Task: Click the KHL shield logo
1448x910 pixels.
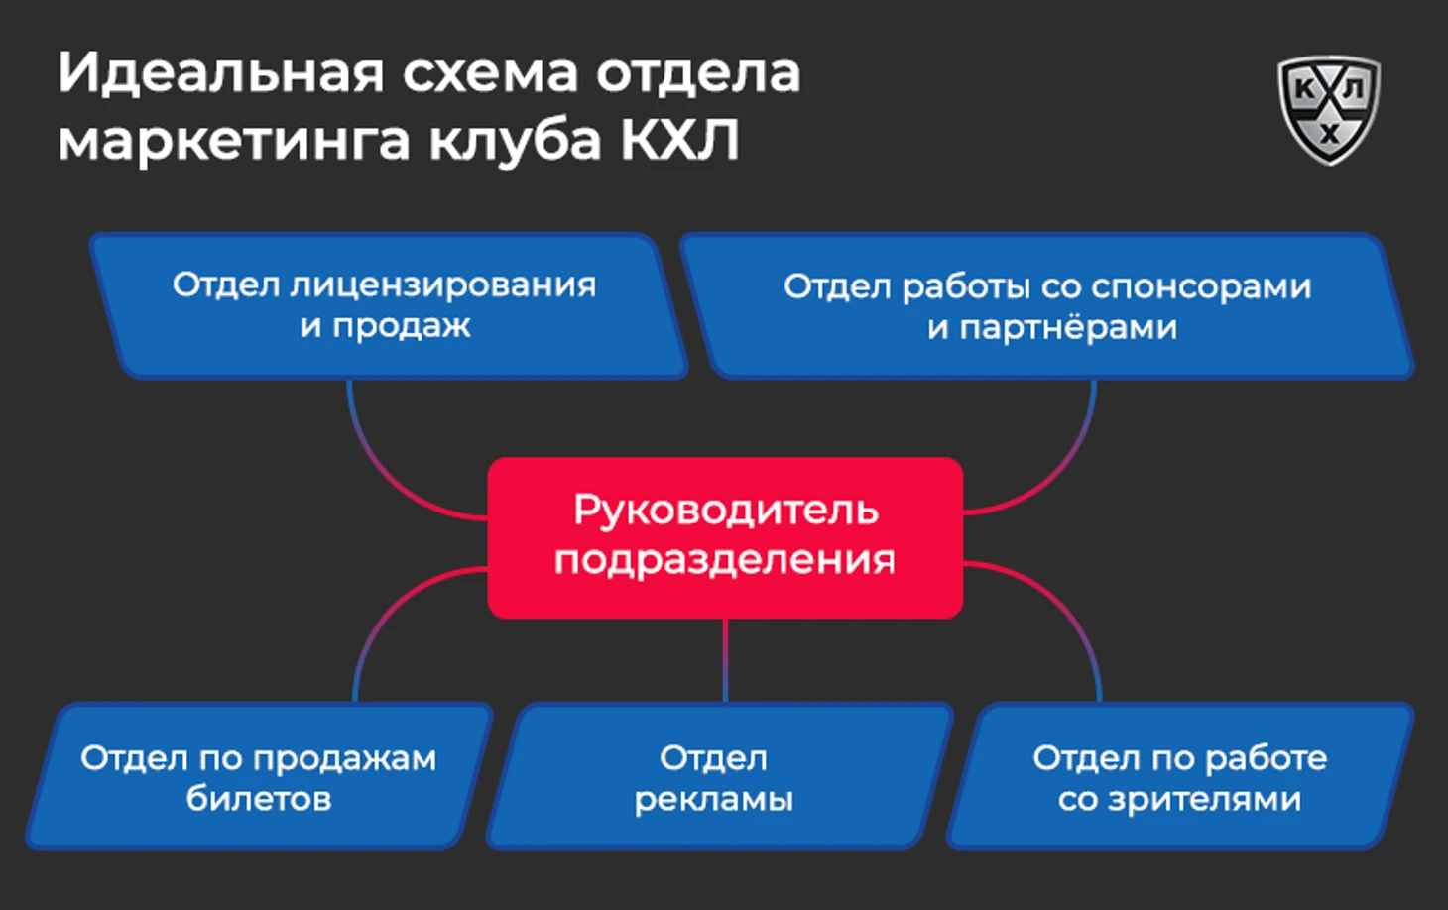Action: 1328,110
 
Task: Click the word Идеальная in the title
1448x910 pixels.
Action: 221,73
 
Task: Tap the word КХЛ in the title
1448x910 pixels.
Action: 680,139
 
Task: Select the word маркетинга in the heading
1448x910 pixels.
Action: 234,142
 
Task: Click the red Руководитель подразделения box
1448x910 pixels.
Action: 725,537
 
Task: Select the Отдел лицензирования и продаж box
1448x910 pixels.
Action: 388,305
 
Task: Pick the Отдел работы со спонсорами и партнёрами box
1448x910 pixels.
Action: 1047,305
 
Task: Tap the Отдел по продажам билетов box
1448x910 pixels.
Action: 259,775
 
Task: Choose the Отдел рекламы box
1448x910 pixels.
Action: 719,775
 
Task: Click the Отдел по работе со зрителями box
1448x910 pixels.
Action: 1180,775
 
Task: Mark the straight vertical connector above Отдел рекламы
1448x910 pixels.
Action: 725,660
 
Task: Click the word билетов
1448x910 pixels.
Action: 259,799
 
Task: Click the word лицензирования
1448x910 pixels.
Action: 442,285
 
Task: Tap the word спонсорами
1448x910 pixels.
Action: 1201,287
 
